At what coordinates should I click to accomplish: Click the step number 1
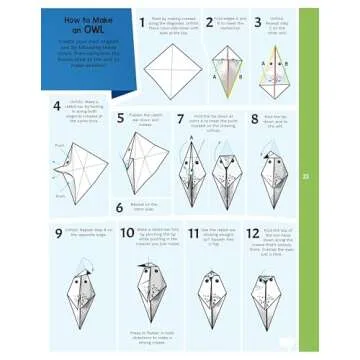(140, 21)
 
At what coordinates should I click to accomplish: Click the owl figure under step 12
(267, 295)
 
